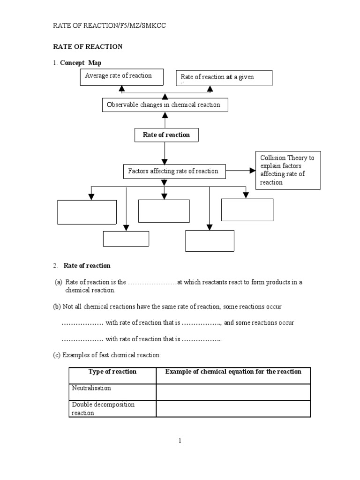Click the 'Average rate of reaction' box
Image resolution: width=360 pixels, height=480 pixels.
click(122, 77)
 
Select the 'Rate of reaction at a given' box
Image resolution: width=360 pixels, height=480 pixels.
click(224, 78)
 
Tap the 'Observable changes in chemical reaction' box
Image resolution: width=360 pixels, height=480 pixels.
click(165, 105)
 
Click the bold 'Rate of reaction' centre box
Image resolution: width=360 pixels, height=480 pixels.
click(166, 135)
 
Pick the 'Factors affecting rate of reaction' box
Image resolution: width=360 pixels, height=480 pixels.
click(173, 171)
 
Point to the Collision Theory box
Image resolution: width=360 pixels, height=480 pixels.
click(288, 170)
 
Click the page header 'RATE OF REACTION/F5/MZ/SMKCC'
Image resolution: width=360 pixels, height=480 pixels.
click(109, 26)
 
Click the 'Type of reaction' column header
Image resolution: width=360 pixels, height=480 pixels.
click(112, 372)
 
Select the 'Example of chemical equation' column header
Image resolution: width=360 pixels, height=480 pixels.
click(233, 372)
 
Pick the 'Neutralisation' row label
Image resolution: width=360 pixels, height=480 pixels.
click(91, 389)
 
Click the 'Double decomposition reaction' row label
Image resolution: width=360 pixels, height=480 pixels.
click(103, 408)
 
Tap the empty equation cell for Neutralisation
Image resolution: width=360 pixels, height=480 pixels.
click(233, 392)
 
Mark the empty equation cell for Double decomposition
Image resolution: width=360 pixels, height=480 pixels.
click(233, 408)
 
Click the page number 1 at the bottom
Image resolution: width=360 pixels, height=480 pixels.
click(180, 441)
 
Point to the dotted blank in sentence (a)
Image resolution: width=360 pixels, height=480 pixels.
click(152, 282)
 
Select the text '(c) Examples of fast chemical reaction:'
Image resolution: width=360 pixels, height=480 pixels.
click(106, 355)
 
